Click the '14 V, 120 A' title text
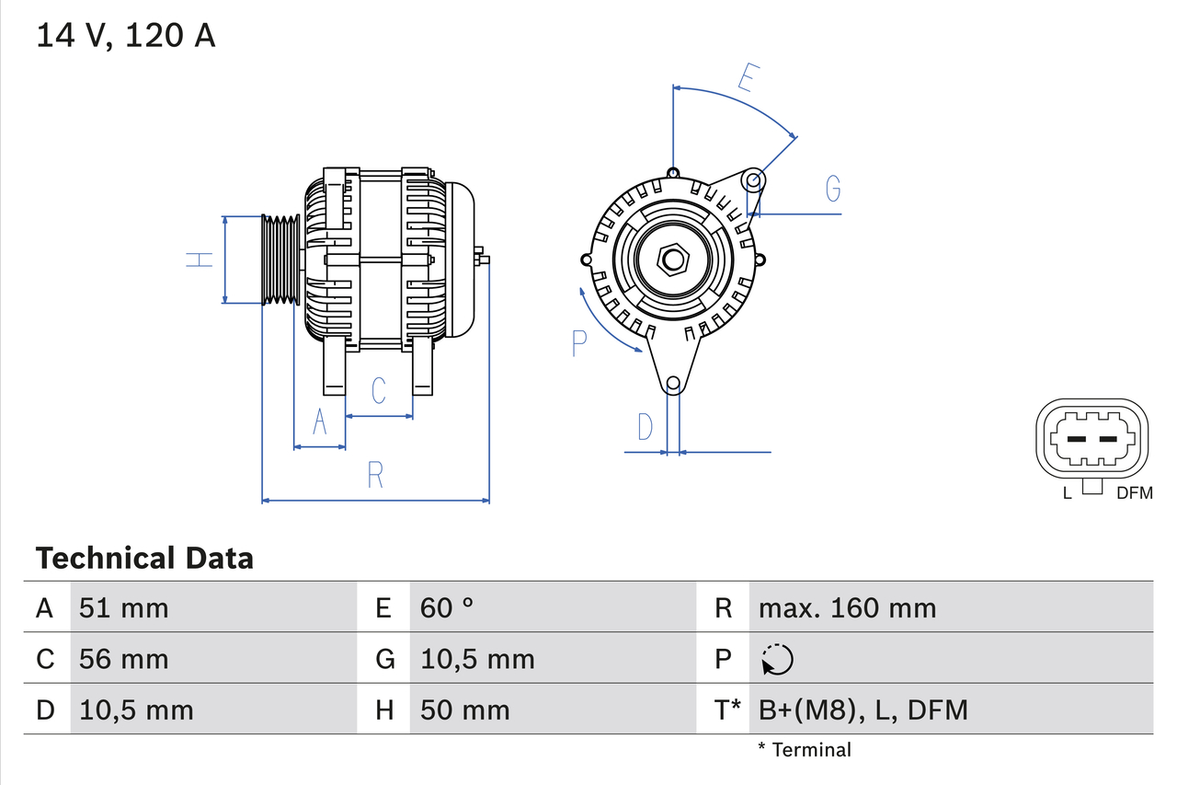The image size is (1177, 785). [x=126, y=36]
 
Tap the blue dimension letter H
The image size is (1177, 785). [x=200, y=260]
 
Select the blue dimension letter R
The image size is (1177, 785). [x=375, y=475]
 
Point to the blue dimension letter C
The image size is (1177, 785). [x=378, y=390]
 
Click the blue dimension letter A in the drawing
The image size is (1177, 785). [x=320, y=421]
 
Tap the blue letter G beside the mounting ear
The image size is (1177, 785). [x=832, y=188]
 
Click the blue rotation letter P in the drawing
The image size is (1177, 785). [x=578, y=342]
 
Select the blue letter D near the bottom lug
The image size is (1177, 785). [x=646, y=427]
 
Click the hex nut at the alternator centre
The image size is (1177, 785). [x=673, y=260]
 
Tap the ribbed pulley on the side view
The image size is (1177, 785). [x=280, y=260]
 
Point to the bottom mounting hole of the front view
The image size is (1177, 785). [x=673, y=383]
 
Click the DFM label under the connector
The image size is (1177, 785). [x=1134, y=493]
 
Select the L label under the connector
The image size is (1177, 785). [x=1067, y=493]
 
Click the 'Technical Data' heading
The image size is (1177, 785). [x=144, y=558]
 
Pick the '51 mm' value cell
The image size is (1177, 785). [x=124, y=607]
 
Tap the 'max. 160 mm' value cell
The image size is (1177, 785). [x=847, y=607]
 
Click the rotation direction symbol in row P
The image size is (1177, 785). [x=777, y=659]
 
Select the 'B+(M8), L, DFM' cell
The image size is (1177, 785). [x=863, y=710]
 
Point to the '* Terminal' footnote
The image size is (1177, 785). [x=805, y=749]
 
